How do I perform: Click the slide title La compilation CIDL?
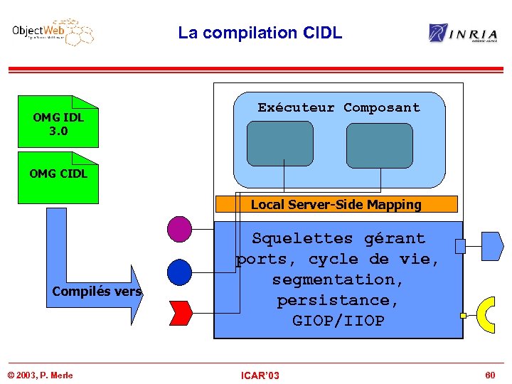tap(260, 33)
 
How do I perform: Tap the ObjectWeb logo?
tap(53, 33)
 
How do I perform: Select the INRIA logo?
tap(463, 33)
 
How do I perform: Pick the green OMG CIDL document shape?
tap(58, 174)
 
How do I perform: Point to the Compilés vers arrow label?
tap(97, 292)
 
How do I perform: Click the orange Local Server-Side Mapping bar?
tap(336, 205)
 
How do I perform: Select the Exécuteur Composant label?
tap(338, 108)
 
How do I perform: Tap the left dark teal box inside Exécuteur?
tap(280, 143)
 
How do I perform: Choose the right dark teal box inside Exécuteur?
tap(379, 145)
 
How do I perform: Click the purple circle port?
tap(180, 229)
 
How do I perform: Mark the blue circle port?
tap(180, 272)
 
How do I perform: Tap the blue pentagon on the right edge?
tap(492, 246)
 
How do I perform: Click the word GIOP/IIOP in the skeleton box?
tap(338, 321)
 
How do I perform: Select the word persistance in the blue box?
tap(338, 300)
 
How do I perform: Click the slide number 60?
tap(489, 375)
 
